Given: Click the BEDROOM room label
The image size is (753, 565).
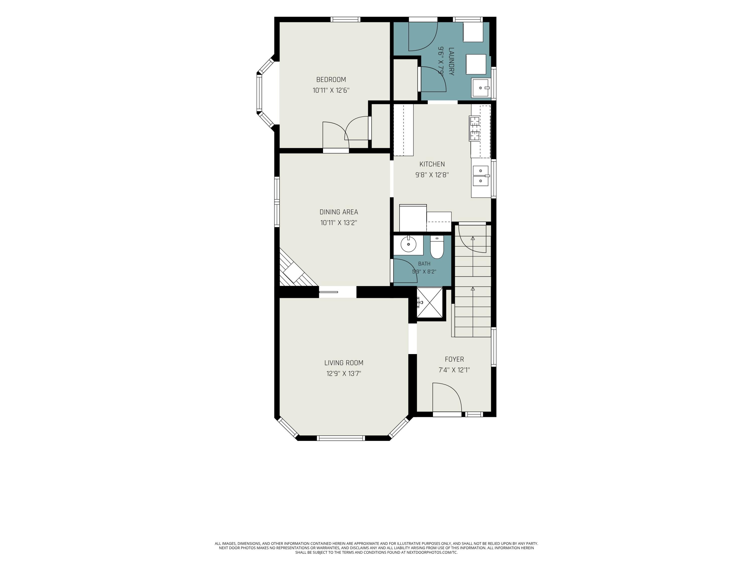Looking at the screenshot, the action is pos(331,80).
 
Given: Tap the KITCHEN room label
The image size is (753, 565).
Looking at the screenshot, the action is pos(432,164).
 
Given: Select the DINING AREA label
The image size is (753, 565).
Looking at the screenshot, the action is pos(339,212).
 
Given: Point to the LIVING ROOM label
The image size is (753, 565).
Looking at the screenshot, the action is pos(344,363).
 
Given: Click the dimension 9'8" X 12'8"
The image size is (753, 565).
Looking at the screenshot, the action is pos(432,175).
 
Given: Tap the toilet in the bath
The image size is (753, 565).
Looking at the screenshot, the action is pos(437,247).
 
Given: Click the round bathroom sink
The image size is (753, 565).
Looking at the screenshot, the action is pos(408,244).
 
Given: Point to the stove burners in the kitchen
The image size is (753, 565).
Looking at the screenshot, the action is pos(474,128).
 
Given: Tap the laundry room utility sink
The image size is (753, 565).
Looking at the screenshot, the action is pos(481,88).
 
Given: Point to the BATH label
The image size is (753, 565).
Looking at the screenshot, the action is pos(424,264).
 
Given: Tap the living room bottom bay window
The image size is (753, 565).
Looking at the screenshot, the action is pos(341,438).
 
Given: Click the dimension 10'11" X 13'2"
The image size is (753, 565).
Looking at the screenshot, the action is pos(339,223).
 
